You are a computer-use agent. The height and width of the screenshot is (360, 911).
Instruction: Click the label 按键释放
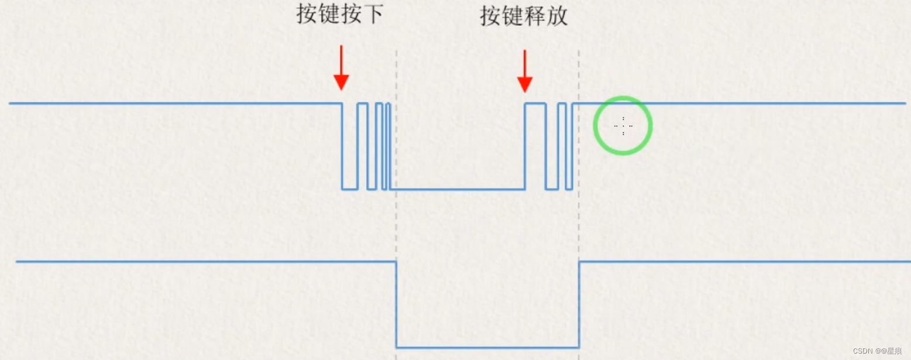click(524, 16)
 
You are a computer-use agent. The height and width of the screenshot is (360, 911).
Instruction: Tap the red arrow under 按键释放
click(525, 70)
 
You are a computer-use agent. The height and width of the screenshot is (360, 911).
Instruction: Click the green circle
click(623, 98)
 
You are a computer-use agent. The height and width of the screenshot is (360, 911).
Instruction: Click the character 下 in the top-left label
click(373, 15)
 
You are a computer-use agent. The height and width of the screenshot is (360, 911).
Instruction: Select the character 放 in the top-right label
click(557, 16)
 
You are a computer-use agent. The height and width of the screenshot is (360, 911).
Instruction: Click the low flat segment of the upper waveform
click(456, 189)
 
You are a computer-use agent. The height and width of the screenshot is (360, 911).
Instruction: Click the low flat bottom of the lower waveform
click(487, 347)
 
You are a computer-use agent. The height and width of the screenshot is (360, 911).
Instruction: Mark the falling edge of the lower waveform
click(397, 304)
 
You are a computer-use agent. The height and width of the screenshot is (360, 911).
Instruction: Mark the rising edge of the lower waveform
click(579, 304)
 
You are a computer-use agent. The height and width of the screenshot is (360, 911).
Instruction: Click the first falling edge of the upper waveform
click(342, 146)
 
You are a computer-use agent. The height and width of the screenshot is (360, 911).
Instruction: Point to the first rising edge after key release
click(525, 146)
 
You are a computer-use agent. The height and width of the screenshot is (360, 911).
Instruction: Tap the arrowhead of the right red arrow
click(525, 85)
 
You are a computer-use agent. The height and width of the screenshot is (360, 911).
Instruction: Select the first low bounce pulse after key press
click(350, 188)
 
